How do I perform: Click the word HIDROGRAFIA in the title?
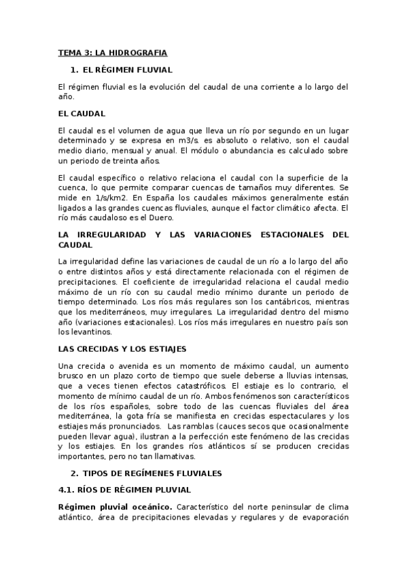(140, 52)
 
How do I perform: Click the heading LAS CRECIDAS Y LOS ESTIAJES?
(122, 349)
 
